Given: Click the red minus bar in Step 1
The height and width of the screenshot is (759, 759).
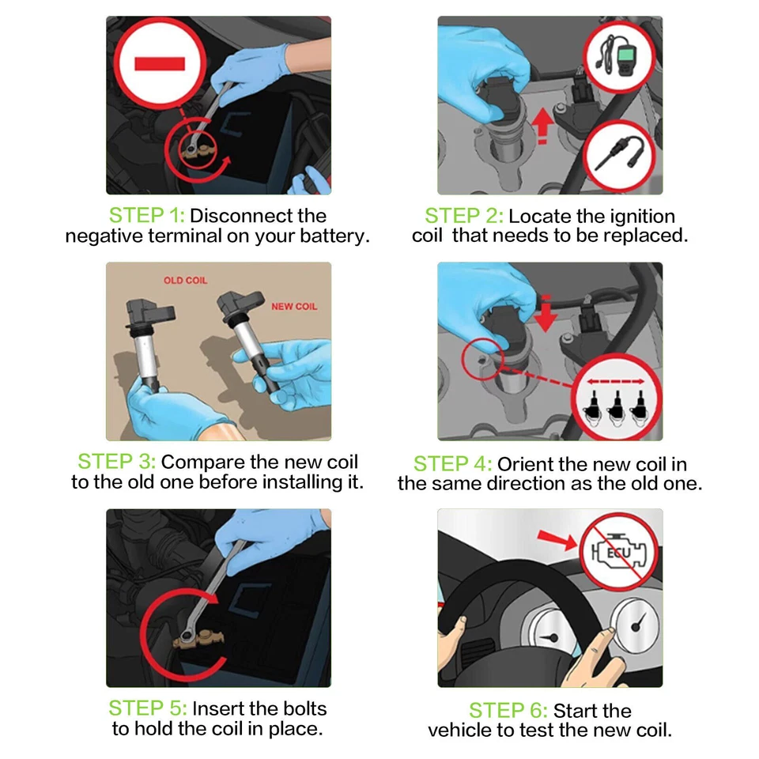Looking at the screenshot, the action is (x=160, y=64).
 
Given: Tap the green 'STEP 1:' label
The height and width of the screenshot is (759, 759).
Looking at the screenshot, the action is (x=147, y=215).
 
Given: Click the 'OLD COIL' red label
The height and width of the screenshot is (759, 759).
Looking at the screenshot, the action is (x=185, y=280).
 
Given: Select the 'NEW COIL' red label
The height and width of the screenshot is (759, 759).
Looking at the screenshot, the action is (x=294, y=307).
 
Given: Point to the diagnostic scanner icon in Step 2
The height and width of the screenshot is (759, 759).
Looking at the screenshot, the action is (x=619, y=57).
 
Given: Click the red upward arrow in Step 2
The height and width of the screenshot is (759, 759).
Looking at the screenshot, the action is (x=542, y=126).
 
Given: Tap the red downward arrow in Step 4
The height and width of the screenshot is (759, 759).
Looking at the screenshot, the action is (x=546, y=313).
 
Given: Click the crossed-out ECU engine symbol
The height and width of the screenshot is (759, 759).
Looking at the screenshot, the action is (x=619, y=553).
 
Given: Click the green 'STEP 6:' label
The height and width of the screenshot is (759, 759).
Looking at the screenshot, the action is (x=508, y=711).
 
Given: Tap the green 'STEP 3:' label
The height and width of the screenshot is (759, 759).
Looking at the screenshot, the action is (x=117, y=461).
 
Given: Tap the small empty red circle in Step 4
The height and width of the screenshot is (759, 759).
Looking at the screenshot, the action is (x=482, y=359).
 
